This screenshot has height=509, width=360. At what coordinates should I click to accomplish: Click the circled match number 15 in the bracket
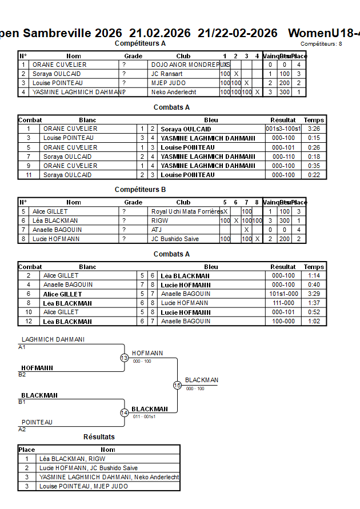177,386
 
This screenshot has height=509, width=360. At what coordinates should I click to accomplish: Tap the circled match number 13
124,358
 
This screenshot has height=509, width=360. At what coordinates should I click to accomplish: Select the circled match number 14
124,413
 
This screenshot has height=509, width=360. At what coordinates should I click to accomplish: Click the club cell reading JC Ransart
167,74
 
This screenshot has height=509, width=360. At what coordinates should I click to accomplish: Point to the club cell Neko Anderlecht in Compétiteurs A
174,92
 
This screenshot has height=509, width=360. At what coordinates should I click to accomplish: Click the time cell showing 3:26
313,129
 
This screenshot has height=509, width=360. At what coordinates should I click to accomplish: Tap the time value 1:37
313,303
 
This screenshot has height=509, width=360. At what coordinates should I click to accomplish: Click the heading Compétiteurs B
140,190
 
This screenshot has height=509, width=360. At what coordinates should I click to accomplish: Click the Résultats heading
99,437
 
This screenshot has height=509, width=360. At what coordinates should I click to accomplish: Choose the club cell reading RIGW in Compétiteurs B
160,221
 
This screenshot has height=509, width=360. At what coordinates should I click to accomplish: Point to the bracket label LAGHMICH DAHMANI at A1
53,339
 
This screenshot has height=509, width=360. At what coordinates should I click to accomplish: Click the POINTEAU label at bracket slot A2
37,422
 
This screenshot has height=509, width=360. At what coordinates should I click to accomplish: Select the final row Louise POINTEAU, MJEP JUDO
83,486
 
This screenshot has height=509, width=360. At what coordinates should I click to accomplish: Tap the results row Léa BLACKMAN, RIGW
72,459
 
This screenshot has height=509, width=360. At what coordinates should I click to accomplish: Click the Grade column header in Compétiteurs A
133,56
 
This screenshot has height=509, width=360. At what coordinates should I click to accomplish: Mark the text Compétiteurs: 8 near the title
321,43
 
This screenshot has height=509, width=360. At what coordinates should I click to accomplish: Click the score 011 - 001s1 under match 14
144,416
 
